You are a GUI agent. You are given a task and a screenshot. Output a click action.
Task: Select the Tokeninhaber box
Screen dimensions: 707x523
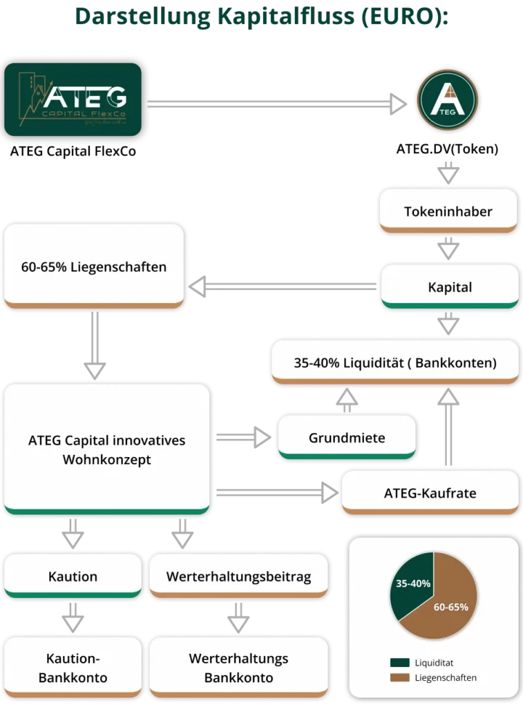click(x=448, y=211)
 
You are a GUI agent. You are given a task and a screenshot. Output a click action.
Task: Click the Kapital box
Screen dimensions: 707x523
click(x=449, y=287)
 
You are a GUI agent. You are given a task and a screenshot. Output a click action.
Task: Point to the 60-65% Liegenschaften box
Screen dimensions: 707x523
click(x=94, y=267)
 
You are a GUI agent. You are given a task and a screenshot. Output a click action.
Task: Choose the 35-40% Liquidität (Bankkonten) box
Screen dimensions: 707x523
click(x=394, y=362)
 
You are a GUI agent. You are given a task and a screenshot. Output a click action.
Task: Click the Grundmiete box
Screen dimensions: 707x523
click(x=347, y=437)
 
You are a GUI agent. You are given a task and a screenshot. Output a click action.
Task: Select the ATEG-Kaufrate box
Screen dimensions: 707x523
click(x=430, y=493)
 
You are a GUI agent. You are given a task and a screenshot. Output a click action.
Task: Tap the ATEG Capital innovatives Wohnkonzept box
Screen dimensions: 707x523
click(x=106, y=449)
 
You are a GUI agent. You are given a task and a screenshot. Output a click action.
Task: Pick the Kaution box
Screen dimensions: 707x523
click(x=73, y=576)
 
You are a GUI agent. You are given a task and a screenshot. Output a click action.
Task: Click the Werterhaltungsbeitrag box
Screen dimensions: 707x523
click(x=238, y=576)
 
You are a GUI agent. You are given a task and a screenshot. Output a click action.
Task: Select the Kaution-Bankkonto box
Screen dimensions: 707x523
click(x=73, y=667)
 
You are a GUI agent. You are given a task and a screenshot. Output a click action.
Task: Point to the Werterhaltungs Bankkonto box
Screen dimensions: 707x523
click(x=238, y=667)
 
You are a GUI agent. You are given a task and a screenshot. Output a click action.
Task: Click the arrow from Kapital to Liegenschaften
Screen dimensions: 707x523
click(x=283, y=284)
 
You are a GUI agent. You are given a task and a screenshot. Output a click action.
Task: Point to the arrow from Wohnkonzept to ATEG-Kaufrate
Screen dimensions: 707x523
click(x=276, y=492)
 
